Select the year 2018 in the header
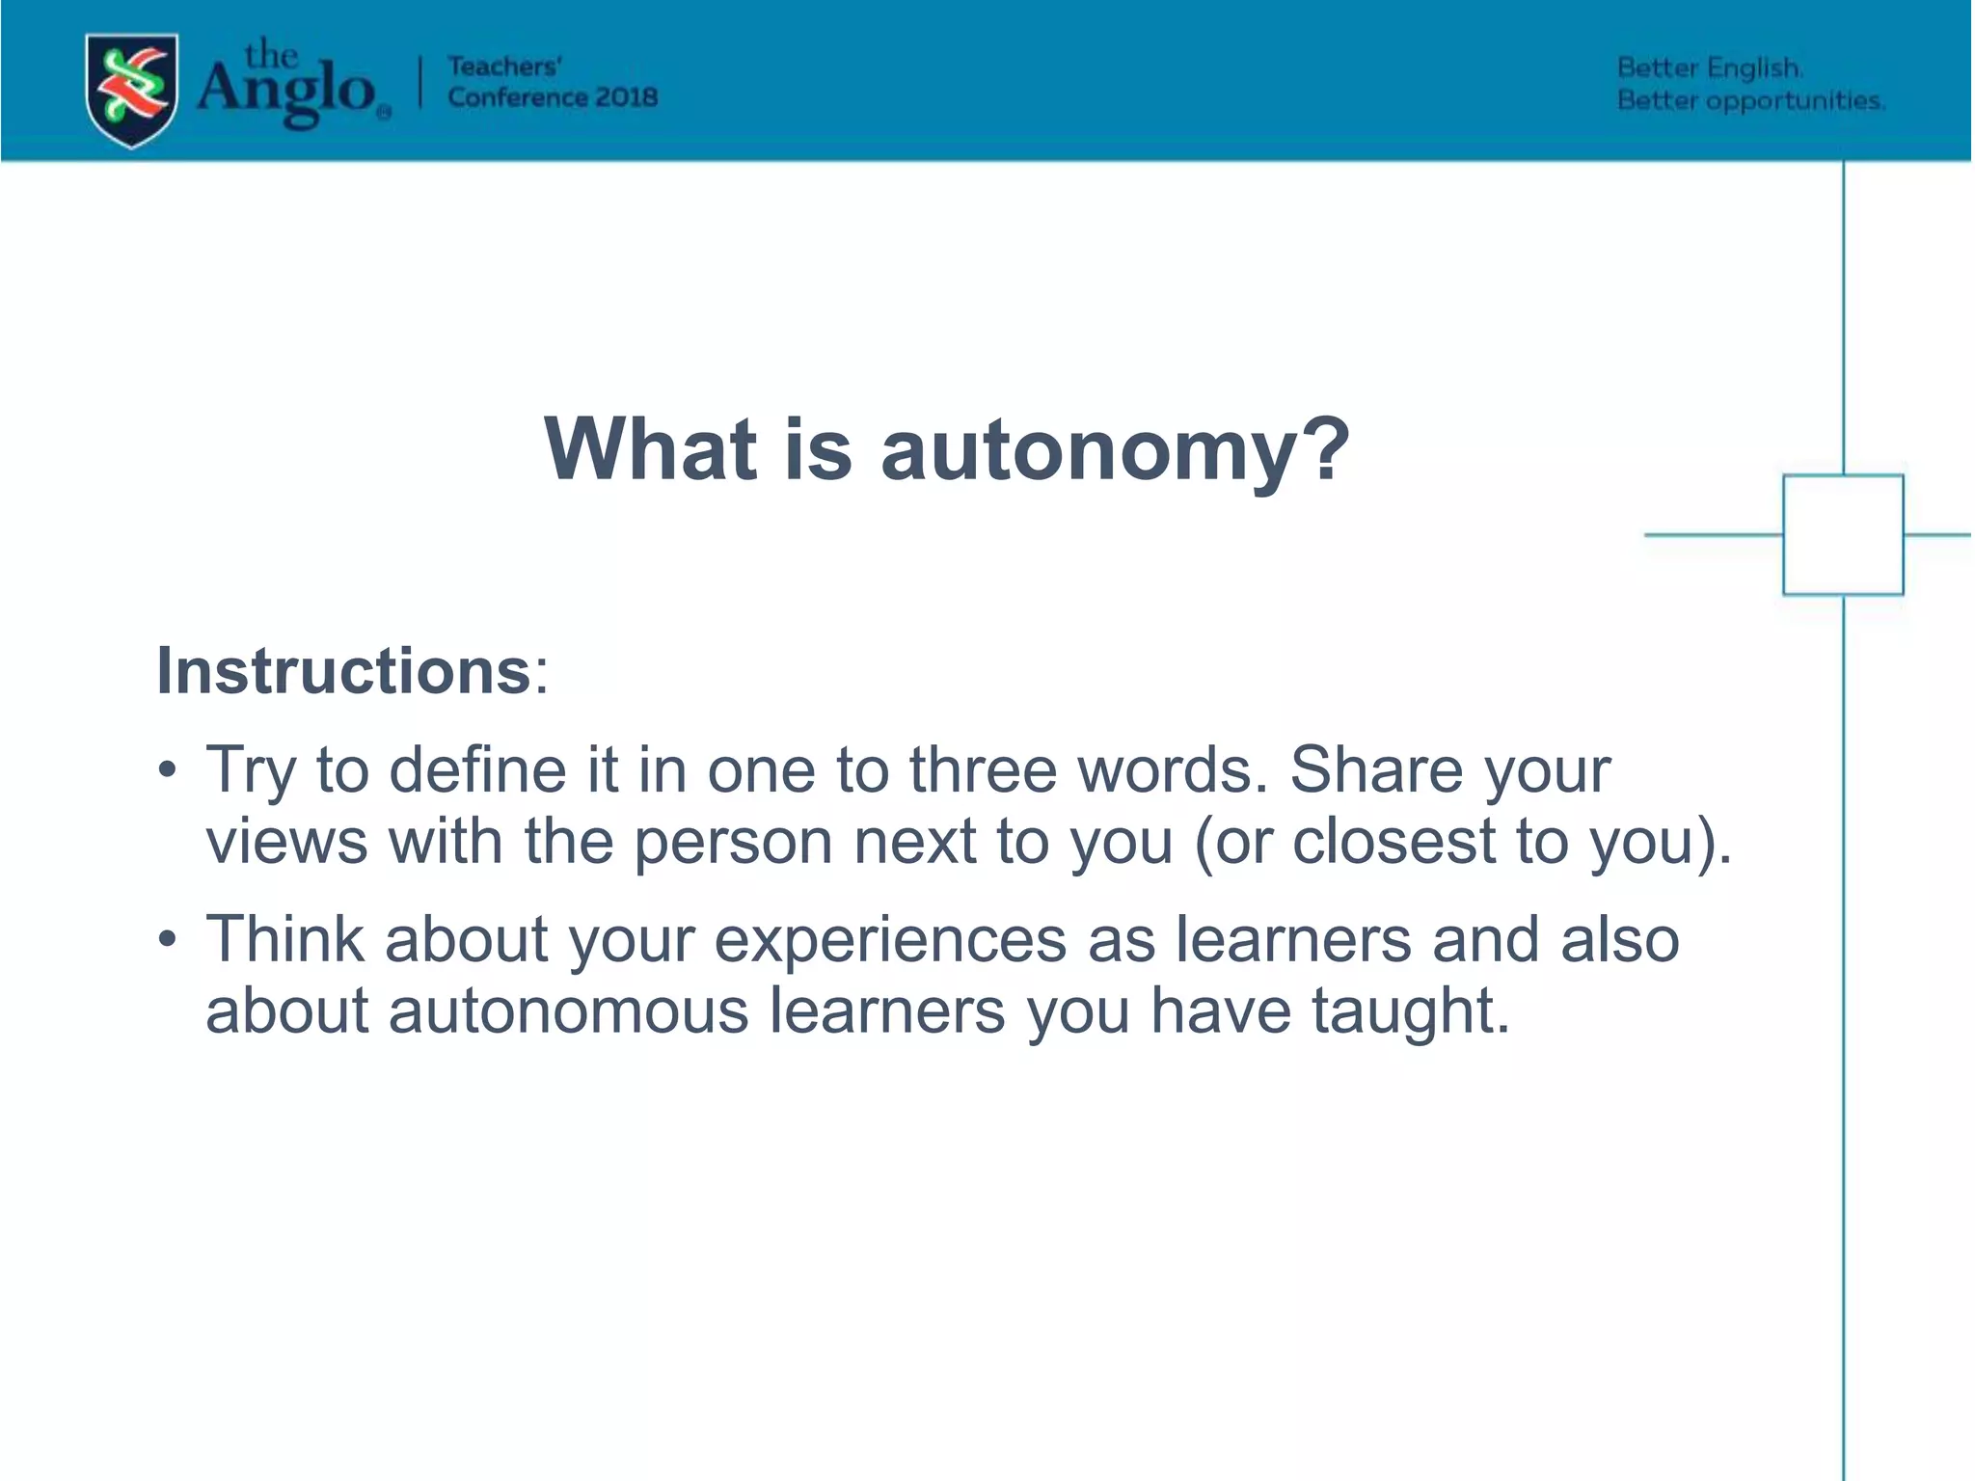tap(626, 97)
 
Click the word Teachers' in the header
tap(504, 67)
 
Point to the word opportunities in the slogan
tap(1794, 101)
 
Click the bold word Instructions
tap(343, 670)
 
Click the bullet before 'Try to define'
tap(168, 770)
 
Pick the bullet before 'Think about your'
tap(168, 939)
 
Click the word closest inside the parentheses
tap(1393, 842)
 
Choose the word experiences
tap(889, 939)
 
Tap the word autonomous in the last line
tap(568, 1010)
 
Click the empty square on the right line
tap(1842, 534)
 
